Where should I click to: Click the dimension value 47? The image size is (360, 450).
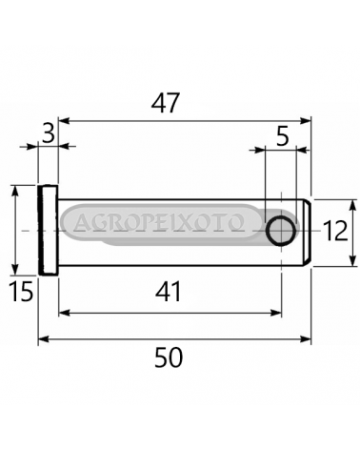coord(166,103)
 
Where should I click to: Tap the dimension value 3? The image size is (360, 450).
coord(49,134)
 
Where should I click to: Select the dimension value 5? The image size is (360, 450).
coord(283,137)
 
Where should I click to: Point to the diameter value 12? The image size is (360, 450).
coord(335,231)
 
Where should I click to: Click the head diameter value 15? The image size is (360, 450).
coord(21,292)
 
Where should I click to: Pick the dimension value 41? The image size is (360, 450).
coord(169,292)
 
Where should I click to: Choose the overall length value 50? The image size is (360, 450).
coord(169,358)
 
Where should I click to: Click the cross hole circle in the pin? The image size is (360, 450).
coord(281,231)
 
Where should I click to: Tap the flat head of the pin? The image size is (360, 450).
coord(49,230)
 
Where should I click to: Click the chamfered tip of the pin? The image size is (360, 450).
coord(307,233)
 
